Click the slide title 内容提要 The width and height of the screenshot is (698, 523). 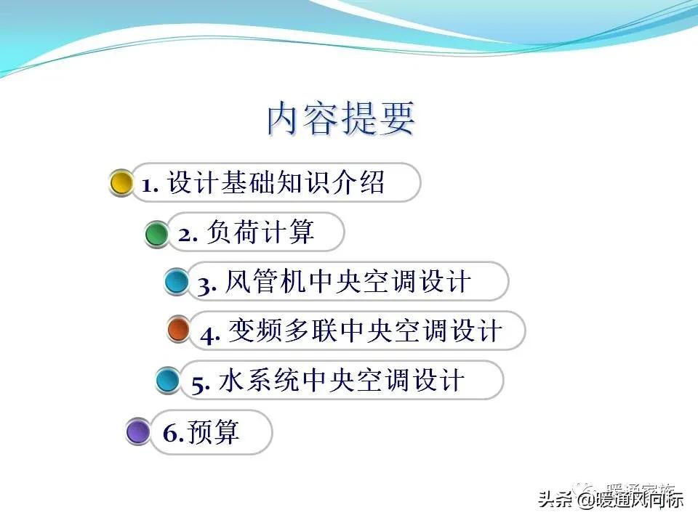(x=341, y=119)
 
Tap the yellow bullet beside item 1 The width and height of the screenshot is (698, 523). (x=121, y=182)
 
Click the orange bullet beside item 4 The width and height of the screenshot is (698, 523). (x=178, y=331)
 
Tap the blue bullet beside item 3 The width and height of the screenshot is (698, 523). (x=176, y=281)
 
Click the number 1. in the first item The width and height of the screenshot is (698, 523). (x=151, y=185)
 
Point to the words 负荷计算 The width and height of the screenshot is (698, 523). (x=260, y=232)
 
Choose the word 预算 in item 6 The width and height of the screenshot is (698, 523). (x=214, y=433)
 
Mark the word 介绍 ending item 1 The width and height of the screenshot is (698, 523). (x=361, y=183)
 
